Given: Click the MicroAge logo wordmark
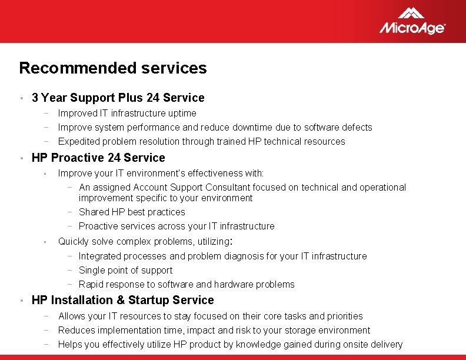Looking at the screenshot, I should (x=412, y=28).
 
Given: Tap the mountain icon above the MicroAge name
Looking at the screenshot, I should (x=411, y=12).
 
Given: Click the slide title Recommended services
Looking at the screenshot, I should (x=113, y=68).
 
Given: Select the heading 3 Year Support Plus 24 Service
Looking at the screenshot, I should (x=118, y=98).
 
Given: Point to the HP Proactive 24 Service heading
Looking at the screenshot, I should (x=98, y=158).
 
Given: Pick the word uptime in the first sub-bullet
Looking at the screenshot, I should (x=182, y=113).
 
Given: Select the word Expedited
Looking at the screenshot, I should (x=79, y=141).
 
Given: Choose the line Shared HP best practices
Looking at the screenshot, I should (x=132, y=212).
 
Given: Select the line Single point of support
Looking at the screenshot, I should (x=125, y=270).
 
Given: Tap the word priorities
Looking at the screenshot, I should (x=343, y=316).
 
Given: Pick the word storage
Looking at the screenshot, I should (x=282, y=330).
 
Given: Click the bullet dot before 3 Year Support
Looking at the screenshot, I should (x=21, y=98).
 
